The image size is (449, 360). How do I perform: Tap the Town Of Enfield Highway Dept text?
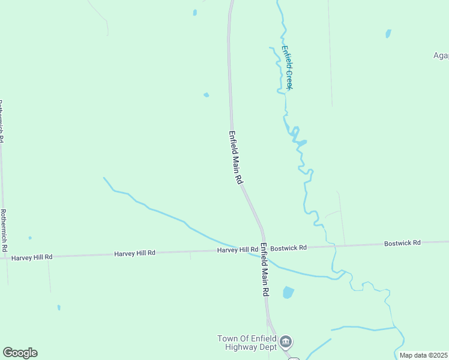point(247,343)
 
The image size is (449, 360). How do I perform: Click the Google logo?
point(20,353)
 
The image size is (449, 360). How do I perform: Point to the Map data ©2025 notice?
point(424,355)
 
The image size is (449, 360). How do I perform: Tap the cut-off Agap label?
point(441,56)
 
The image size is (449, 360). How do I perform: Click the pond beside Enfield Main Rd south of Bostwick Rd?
point(288,293)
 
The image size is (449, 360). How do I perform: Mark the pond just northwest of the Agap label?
point(388,34)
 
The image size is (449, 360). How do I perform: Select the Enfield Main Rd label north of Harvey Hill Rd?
point(237,157)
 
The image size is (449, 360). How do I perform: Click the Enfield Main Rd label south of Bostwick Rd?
point(264,269)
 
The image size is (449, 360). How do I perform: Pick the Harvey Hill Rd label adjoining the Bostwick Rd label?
point(238,250)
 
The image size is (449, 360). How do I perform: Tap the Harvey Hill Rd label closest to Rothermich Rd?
point(32,257)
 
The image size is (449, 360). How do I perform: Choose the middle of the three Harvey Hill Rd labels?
point(135,253)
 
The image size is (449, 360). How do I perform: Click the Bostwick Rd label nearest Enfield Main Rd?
point(289,247)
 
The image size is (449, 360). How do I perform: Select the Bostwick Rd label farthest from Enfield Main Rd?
point(403,243)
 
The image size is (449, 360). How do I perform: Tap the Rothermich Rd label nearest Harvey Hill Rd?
point(4,230)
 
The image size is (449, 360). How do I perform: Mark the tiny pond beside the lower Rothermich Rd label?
point(30,238)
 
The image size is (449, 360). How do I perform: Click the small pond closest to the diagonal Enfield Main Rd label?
point(206,95)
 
